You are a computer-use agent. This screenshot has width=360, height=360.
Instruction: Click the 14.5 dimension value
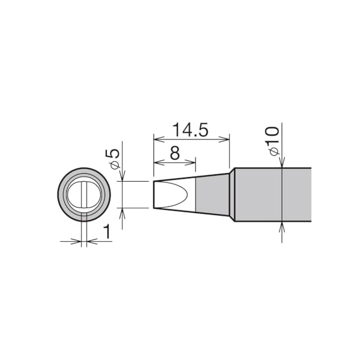[190, 130]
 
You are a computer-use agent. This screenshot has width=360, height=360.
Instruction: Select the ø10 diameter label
[274, 141]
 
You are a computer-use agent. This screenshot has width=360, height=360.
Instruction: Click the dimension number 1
[107, 232]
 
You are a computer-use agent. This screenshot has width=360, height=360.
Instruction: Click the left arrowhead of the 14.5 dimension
[159, 139]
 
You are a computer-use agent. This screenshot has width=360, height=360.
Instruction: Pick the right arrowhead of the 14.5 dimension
[224, 139]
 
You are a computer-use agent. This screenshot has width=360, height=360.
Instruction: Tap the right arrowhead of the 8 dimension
[190, 163]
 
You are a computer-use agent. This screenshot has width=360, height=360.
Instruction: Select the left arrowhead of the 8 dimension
[159, 163]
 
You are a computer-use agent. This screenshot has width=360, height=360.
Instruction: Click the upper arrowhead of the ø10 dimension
[282, 163]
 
